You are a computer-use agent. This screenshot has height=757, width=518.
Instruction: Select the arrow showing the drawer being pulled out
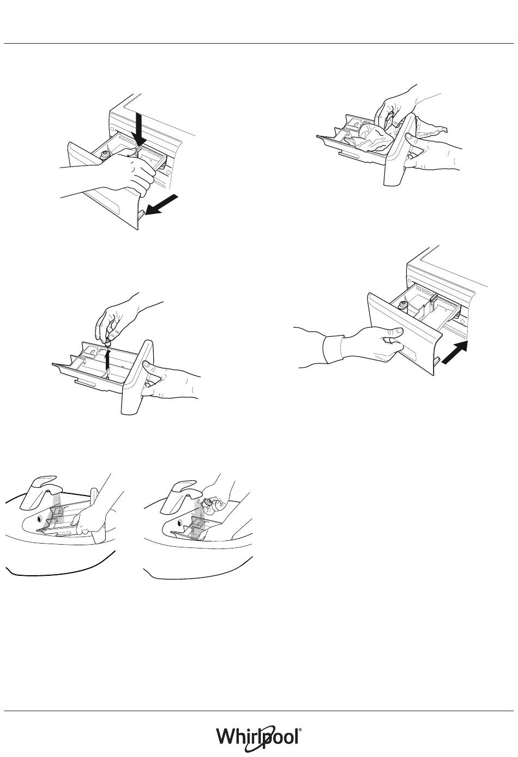(x=160, y=205)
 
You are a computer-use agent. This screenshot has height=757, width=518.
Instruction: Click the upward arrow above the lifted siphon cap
(x=107, y=360)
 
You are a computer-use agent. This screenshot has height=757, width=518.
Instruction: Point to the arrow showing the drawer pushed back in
(x=455, y=353)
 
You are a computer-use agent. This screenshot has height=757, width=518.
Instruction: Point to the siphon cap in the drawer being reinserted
(x=403, y=306)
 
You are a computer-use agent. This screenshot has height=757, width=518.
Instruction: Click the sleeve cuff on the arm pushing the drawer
(x=334, y=348)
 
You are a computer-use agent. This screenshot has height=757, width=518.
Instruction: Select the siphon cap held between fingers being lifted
(x=109, y=343)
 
